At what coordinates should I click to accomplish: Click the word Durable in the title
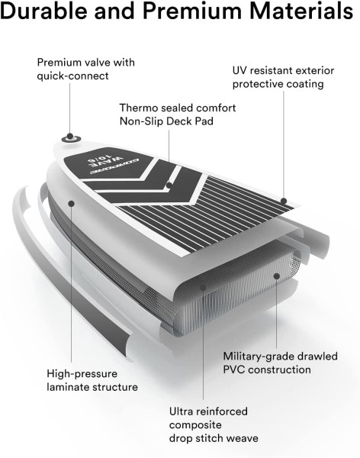click(44, 11)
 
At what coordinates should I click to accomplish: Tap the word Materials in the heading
click(301, 11)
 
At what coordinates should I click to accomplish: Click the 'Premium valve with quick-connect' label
click(86, 69)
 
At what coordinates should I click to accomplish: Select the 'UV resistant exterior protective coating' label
click(283, 77)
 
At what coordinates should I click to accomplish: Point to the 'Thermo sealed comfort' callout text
click(178, 108)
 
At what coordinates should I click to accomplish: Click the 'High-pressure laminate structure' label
click(92, 380)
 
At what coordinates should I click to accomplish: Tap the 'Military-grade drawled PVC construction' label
click(280, 363)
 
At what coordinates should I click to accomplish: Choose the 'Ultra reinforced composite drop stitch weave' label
click(214, 424)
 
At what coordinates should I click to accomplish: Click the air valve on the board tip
click(70, 137)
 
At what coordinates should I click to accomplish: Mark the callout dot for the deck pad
click(169, 185)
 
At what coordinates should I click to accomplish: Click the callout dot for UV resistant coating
click(284, 201)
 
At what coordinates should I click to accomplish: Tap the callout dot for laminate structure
click(71, 203)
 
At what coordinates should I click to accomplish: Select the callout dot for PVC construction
click(277, 276)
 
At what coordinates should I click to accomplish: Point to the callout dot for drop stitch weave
click(203, 287)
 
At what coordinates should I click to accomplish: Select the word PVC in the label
click(234, 369)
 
